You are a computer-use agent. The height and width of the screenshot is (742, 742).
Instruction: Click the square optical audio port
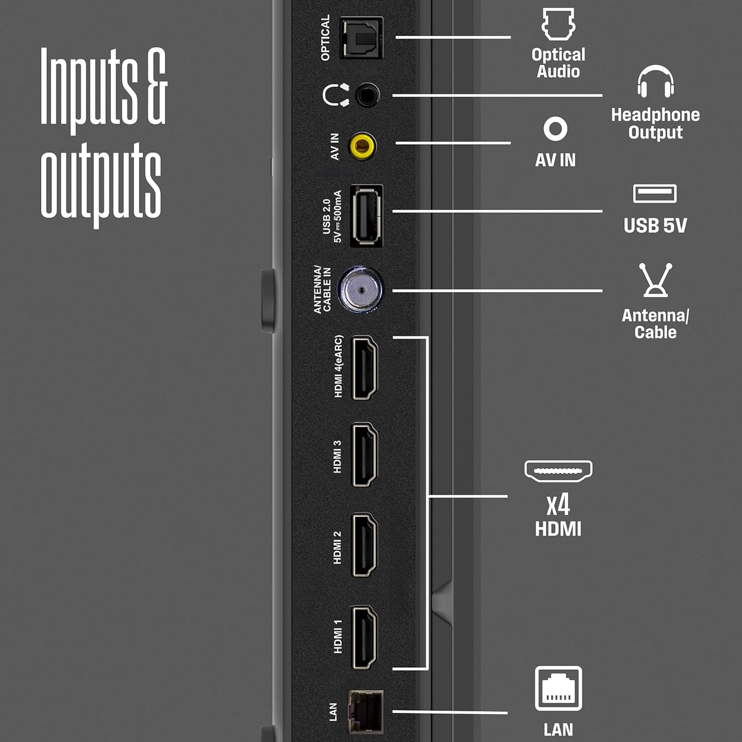(x=362, y=38)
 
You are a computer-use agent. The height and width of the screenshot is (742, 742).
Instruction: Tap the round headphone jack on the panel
(x=367, y=95)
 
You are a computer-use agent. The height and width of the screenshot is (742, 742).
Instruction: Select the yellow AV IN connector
(x=363, y=146)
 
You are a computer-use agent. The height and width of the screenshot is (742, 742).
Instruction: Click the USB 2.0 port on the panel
(x=367, y=216)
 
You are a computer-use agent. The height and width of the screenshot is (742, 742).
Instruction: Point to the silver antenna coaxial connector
(x=361, y=290)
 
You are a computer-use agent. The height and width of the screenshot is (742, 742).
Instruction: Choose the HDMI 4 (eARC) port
(x=365, y=368)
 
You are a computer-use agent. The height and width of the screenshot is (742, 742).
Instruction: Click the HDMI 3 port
(x=365, y=455)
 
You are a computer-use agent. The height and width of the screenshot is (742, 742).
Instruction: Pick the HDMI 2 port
(x=365, y=546)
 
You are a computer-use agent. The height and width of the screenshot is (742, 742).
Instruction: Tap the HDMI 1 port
(x=365, y=638)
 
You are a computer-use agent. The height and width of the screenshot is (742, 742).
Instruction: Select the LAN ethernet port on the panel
(x=366, y=712)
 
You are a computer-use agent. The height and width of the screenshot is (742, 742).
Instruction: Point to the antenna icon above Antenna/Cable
(x=655, y=280)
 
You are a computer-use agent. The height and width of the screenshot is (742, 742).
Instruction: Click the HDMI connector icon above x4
(x=558, y=471)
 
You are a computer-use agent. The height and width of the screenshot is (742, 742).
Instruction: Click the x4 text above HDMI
(x=558, y=505)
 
